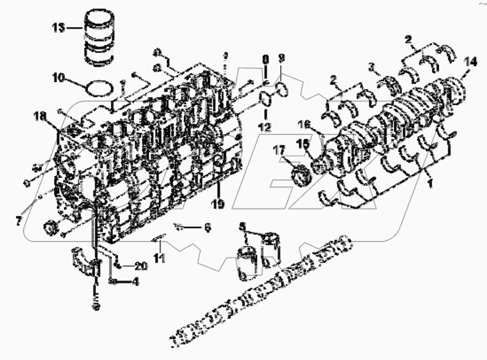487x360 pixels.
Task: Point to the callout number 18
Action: tap(39, 116)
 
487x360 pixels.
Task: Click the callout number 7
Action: tap(19, 219)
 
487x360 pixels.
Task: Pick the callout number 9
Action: tap(281, 58)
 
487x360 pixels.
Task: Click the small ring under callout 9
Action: tap(281, 87)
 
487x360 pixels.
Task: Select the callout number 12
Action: tap(264, 126)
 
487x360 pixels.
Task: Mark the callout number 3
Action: tap(371, 67)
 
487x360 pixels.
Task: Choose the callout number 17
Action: tap(280, 150)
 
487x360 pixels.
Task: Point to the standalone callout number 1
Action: tap(430, 183)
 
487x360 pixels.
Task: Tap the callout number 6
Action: tap(207, 227)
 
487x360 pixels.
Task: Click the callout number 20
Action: tap(141, 266)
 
